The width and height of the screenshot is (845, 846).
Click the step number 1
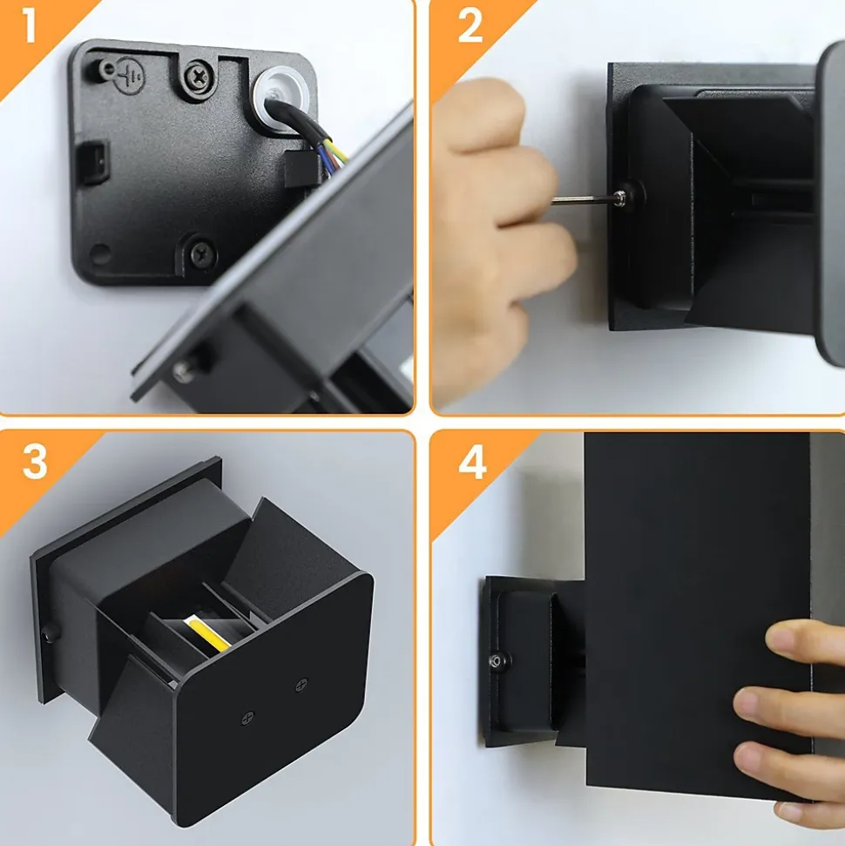[x=28, y=25]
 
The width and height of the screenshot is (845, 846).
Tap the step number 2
[x=470, y=25]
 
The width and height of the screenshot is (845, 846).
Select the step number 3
[x=35, y=462]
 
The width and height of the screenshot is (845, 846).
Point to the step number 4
[x=472, y=462]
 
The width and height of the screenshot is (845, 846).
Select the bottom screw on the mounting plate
[x=204, y=252]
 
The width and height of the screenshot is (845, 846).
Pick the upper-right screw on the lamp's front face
[x=301, y=685]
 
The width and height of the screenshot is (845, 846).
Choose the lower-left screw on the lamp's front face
[x=247, y=718]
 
